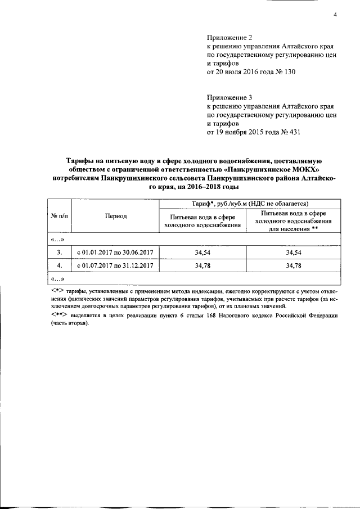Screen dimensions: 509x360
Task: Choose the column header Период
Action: pos(115,216)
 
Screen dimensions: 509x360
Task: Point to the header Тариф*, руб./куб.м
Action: pos(220,204)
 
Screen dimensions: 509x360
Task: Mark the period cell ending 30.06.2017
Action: pos(115,253)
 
